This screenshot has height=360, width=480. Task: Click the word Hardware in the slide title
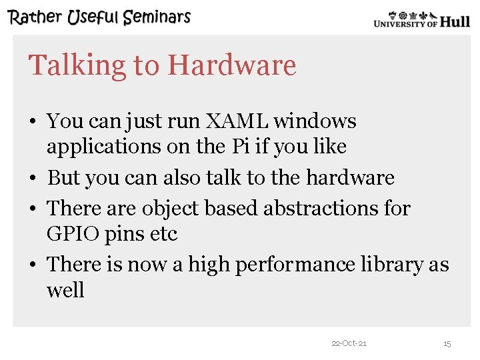tap(232, 65)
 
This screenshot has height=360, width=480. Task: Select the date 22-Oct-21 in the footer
tap(349, 343)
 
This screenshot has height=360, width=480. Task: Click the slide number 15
tap(447, 343)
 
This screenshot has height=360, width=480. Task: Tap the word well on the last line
tap(65, 291)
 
